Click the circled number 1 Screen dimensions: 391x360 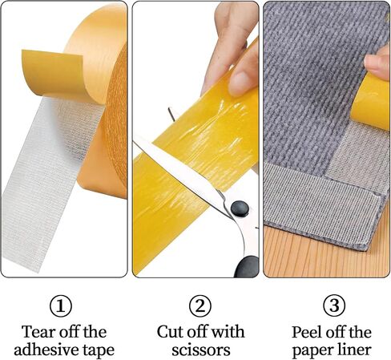pos(61,306)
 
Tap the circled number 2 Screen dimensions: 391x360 pos(200,306)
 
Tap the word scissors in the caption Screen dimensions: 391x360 pos(201,350)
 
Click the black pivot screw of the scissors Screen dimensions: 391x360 pos(240,208)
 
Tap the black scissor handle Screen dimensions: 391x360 pos(247,266)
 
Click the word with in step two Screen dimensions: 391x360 pos(228,332)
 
